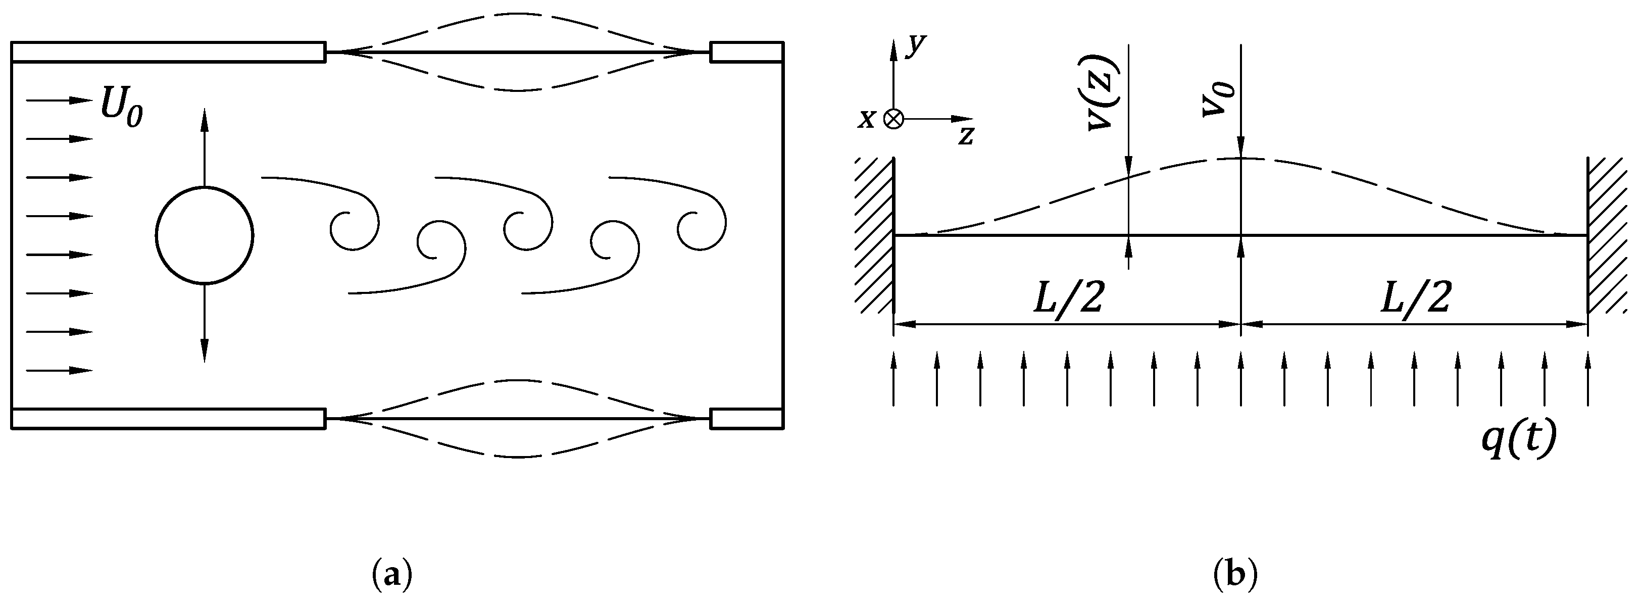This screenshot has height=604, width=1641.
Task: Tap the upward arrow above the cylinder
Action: tap(205, 146)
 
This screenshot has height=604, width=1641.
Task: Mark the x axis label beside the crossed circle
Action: tap(866, 119)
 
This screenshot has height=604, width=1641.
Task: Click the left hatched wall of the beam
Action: tap(875, 236)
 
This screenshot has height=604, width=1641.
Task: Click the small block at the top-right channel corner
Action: tap(746, 52)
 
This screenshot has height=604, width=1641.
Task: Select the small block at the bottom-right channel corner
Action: tap(746, 419)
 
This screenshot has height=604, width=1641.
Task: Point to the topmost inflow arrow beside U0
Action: tap(59, 100)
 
